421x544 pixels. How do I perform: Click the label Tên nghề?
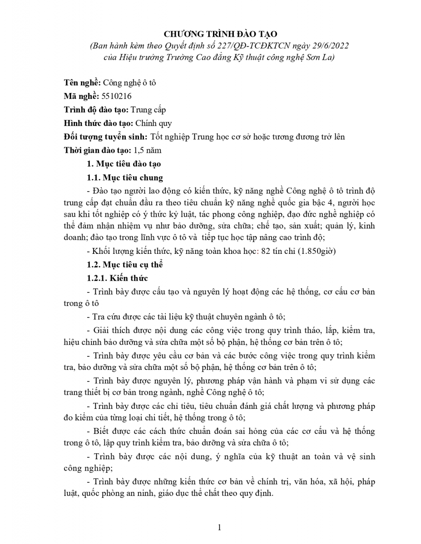82,83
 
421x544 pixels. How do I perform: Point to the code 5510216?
117,96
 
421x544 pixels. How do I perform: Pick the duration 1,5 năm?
147,150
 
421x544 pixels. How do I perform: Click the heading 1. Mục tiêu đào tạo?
124,164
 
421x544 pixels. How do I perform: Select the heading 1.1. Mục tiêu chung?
125,177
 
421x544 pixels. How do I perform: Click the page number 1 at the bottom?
219,527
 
